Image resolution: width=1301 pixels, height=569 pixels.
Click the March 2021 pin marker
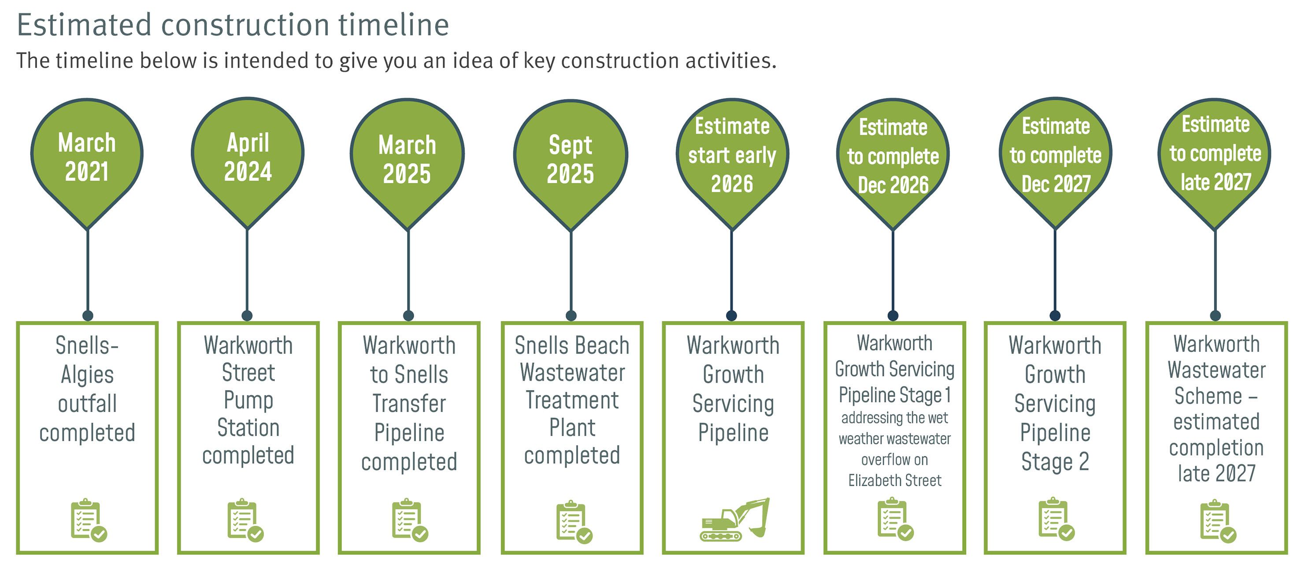point(87,156)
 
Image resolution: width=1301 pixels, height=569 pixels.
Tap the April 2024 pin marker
point(248,156)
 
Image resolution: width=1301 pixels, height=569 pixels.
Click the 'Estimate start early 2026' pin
point(732,156)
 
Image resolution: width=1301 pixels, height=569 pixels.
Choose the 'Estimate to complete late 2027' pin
point(1215,156)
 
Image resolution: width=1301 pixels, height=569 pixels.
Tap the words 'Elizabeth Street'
point(894,480)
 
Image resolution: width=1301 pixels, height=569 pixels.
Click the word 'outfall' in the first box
point(87,404)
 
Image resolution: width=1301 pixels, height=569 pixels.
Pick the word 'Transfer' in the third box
point(409,404)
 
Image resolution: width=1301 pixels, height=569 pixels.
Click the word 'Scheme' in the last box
point(1208,396)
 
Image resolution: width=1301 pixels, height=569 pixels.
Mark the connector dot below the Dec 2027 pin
point(1055,316)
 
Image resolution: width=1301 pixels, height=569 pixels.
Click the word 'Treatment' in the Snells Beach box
point(572,400)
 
